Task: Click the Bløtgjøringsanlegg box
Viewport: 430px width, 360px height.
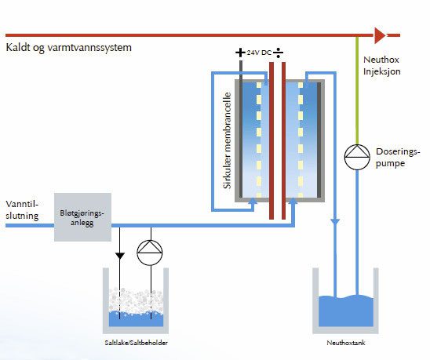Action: [x=82, y=217]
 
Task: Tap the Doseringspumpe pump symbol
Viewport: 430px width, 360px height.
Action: [x=357, y=157]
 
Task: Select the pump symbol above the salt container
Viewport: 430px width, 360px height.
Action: [x=150, y=253]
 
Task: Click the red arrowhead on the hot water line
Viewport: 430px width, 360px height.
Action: [x=380, y=35]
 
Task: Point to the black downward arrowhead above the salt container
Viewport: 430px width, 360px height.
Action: [x=120, y=256]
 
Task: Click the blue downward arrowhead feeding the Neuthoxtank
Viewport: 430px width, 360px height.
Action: [x=335, y=222]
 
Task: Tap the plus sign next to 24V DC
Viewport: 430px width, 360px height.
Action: [x=240, y=53]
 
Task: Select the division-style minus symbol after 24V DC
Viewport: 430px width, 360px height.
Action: [x=278, y=53]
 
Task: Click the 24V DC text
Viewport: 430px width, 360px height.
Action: [x=259, y=53]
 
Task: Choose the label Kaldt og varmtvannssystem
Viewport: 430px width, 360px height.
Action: [x=69, y=47]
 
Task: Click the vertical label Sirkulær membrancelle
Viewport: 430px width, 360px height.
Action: [x=227, y=140]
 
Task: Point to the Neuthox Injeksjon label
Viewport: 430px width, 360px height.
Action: [x=381, y=66]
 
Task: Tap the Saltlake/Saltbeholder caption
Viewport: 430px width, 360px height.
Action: [x=136, y=343]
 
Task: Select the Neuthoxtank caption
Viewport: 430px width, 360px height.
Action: [x=346, y=343]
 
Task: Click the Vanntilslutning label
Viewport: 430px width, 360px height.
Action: [x=22, y=209]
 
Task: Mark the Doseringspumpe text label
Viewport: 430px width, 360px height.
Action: [x=398, y=158]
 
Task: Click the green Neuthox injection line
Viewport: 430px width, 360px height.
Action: [x=357, y=90]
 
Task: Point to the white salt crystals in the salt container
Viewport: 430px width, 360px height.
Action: [x=136, y=300]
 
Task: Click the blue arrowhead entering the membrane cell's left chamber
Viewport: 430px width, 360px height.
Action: [x=253, y=201]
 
